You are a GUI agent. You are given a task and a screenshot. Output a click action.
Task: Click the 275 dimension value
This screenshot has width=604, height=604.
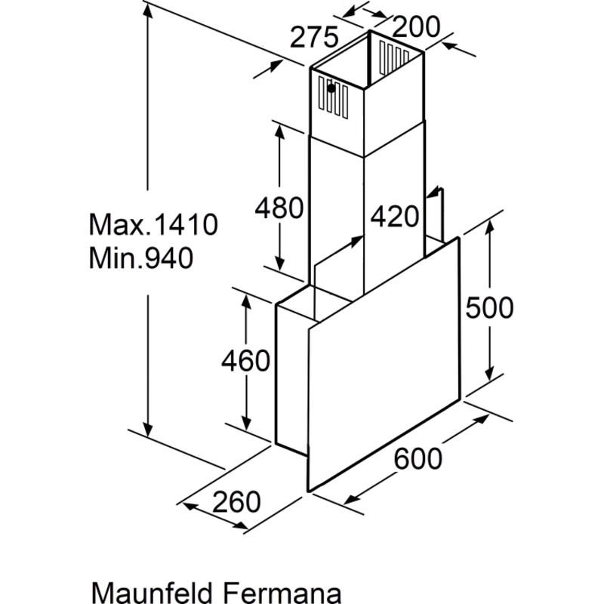[314, 37]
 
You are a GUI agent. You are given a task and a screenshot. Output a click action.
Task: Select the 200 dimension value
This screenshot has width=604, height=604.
[416, 26]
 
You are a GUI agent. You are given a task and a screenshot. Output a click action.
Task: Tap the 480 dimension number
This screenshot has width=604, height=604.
[279, 208]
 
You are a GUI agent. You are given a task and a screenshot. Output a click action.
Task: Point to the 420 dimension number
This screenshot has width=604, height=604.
[394, 216]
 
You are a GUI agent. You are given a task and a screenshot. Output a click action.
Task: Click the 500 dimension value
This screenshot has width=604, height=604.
[489, 307]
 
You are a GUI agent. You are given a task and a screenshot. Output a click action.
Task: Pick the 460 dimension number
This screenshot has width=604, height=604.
[246, 361]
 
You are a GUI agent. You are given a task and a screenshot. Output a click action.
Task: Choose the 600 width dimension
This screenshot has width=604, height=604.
[418, 458]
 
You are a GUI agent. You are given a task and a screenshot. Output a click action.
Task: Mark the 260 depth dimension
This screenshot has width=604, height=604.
[236, 501]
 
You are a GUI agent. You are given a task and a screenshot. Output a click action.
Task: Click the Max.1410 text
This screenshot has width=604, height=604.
[153, 224]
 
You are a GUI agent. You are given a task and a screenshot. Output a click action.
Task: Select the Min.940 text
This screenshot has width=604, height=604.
[141, 257]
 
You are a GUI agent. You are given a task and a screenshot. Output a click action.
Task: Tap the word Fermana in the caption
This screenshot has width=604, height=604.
[282, 592]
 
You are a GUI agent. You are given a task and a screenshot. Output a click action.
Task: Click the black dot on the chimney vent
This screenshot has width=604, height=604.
[331, 88]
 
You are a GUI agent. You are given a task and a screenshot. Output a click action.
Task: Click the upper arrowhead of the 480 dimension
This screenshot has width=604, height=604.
[279, 132]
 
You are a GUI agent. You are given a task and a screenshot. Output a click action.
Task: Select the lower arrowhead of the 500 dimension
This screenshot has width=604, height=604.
[489, 373]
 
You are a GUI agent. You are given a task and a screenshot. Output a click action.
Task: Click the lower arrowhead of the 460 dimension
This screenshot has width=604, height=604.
[246, 423]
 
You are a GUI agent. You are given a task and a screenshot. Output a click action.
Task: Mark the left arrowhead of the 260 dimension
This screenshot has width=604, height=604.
[190, 506]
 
